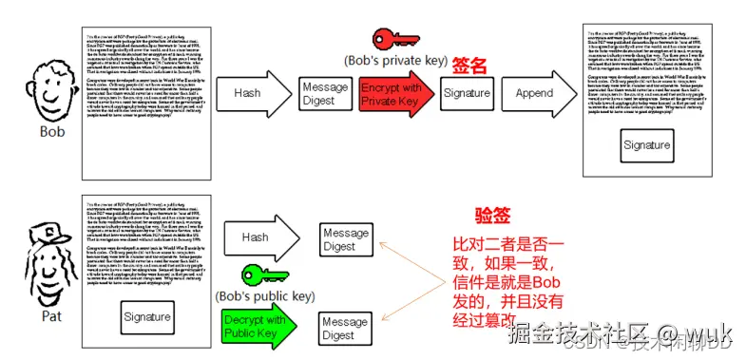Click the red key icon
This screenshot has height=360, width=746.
click(395, 41)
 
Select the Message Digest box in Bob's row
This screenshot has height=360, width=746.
click(324, 94)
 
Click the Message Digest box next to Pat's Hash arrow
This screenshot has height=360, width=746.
click(346, 239)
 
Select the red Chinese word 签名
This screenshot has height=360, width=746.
click(469, 65)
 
